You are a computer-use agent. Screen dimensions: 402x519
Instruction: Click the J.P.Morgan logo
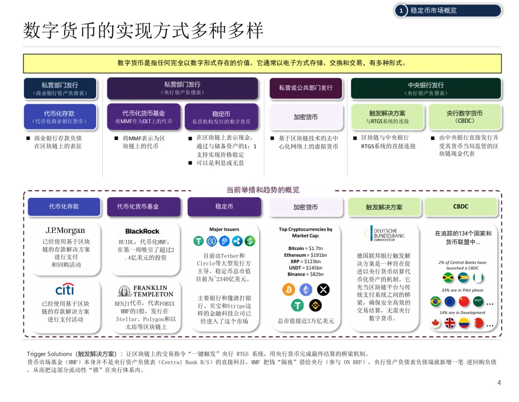pos(65,230)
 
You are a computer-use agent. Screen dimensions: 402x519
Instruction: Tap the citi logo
pos(64,289)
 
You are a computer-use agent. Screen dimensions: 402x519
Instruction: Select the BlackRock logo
pos(142,231)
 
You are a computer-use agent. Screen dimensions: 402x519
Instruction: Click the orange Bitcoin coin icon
pos(288,289)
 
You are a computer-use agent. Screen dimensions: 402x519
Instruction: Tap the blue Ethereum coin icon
pos(306,289)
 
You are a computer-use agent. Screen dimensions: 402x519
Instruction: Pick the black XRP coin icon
pos(323,289)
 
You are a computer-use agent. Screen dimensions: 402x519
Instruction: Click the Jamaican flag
pos(448,278)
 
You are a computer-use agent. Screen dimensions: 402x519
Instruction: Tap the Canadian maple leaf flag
pos(436,323)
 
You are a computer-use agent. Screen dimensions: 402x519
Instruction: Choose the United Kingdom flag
pos(450,323)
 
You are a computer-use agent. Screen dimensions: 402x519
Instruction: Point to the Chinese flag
pos(464,301)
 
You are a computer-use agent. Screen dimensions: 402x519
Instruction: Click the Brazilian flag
pos(436,301)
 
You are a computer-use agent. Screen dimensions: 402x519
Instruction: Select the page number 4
pos(499,383)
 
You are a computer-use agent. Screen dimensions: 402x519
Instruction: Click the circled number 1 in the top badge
pos(401,11)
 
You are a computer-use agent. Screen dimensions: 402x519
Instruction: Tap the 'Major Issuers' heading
pos(224,229)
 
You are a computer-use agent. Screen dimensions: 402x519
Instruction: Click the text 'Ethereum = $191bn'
pos(305,255)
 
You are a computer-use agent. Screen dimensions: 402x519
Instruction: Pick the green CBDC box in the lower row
pos(460,207)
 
